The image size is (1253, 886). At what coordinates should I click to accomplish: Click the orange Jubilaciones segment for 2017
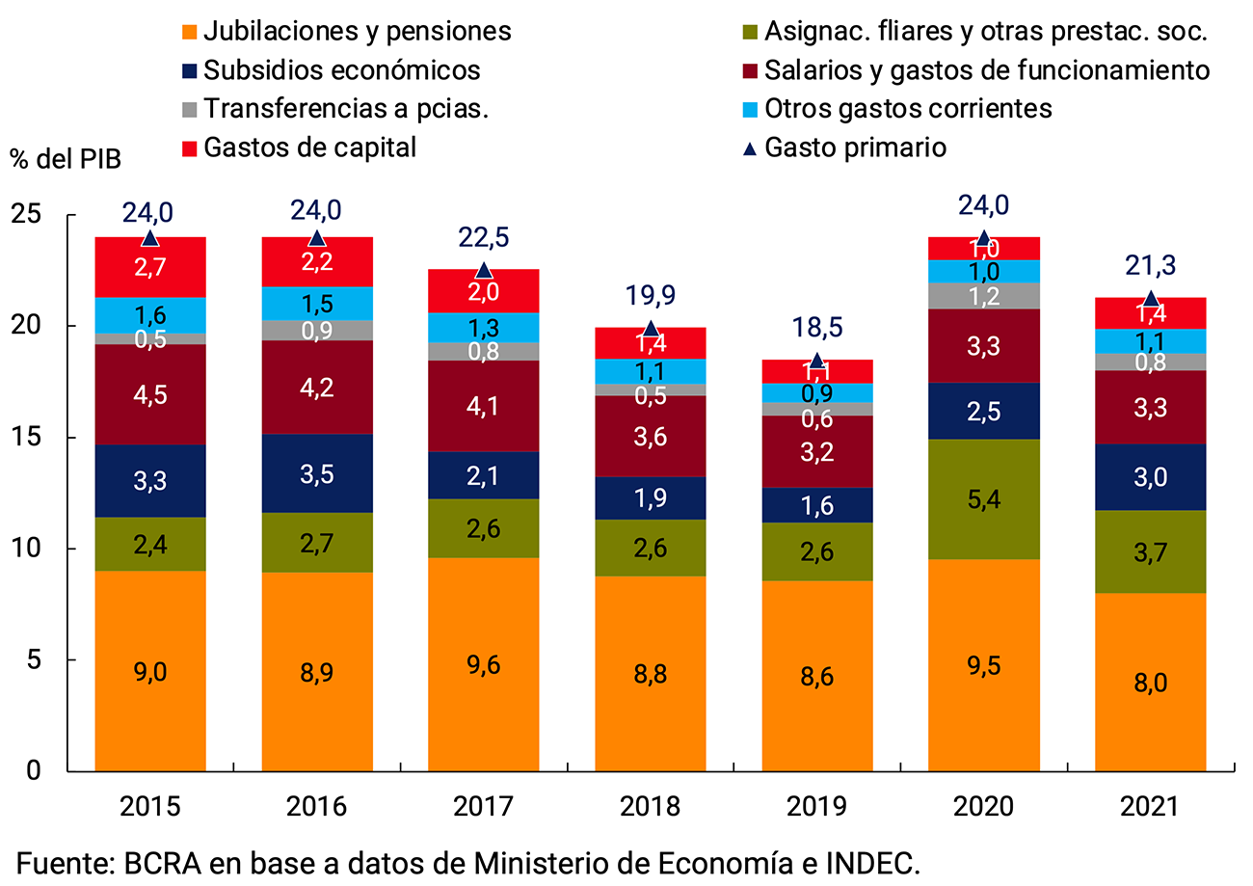pos(483,664)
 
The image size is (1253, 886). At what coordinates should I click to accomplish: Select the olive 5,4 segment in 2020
pos(983,498)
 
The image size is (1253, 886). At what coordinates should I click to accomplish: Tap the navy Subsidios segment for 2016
pos(316,472)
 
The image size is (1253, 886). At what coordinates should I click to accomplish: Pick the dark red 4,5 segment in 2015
pos(149,394)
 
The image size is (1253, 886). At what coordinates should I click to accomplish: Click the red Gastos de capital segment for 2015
pos(149,267)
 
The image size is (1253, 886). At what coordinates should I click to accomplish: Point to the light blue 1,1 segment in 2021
pos(1150,341)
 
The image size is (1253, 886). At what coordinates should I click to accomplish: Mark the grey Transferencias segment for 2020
pos(983,295)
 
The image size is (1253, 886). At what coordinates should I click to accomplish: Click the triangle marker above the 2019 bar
pos(816,362)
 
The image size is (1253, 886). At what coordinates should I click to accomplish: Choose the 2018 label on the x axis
pos(650,806)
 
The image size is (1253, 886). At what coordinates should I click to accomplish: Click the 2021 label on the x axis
pos(1150,806)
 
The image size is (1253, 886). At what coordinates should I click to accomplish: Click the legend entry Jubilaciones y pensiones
pos(358,31)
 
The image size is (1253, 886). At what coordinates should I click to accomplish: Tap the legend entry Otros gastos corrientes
pos(906,108)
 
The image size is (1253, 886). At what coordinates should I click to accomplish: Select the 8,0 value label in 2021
pos(1150,683)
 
